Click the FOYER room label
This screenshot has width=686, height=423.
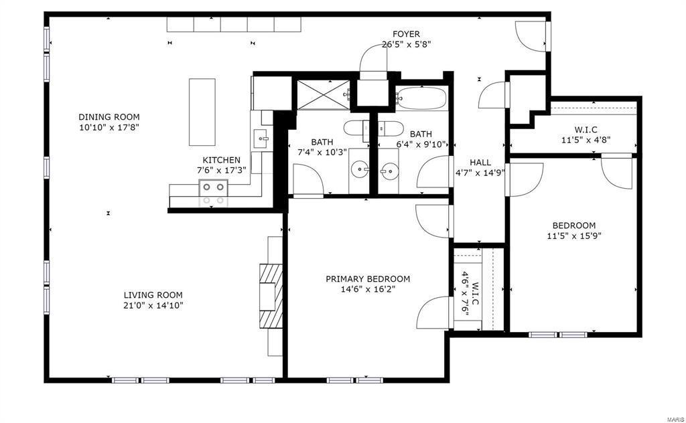pos(406,34)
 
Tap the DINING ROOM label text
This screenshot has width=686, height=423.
pos(109,117)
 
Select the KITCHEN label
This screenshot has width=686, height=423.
pos(221,161)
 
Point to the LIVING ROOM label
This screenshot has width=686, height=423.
pos(153,295)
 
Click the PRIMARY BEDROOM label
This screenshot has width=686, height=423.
pos(368,279)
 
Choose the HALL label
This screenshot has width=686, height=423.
pos(480,163)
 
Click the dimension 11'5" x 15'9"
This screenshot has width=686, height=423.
pos(574,236)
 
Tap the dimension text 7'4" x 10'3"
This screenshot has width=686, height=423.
pos(322,153)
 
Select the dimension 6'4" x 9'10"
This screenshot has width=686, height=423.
pos(421,145)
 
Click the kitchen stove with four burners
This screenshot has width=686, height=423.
pos(214,193)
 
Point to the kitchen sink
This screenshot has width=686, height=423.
pos(262,139)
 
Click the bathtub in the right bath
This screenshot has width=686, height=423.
pos(421,99)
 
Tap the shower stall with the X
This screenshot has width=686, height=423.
pos(324,95)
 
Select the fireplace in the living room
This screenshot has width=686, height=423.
pos(271,296)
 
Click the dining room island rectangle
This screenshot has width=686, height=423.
pos(202,112)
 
